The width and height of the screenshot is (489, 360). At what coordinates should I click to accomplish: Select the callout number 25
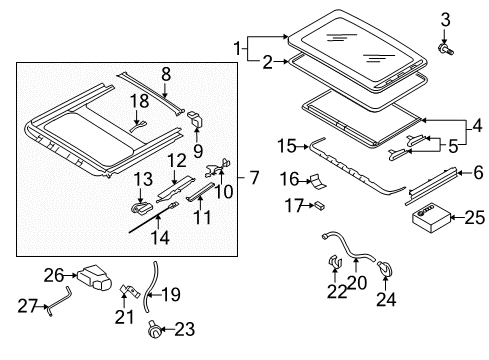(x=475, y=218)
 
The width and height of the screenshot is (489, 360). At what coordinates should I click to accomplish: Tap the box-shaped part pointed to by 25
(x=431, y=219)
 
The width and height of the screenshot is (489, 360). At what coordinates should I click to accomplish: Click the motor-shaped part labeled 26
(x=94, y=277)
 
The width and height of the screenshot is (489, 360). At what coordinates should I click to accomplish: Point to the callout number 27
(x=27, y=305)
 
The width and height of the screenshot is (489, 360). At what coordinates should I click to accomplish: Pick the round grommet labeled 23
(x=154, y=330)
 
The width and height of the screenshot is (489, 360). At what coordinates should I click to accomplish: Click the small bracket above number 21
(x=130, y=291)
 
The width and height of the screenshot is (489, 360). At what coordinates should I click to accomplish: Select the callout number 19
(x=171, y=294)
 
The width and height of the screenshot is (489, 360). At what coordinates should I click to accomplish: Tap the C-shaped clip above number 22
(x=335, y=262)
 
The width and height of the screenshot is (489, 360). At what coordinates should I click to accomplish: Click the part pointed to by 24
(x=385, y=268)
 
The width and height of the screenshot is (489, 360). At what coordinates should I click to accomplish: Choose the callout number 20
(x=357, y=283)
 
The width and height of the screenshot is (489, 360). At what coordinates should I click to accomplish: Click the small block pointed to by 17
(x=320, y=205)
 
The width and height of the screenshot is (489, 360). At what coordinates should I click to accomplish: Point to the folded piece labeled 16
(x=318, y=182)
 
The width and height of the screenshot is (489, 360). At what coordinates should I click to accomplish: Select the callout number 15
(x=287, y=146)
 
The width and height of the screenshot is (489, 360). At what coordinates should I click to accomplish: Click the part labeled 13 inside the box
(x=141, y=208)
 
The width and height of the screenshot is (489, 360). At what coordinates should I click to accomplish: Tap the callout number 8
(x=166, y=74)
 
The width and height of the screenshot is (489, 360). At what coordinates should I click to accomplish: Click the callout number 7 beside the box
(x=254, y=177)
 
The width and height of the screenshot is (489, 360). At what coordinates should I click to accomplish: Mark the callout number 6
(x=478, y=172)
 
